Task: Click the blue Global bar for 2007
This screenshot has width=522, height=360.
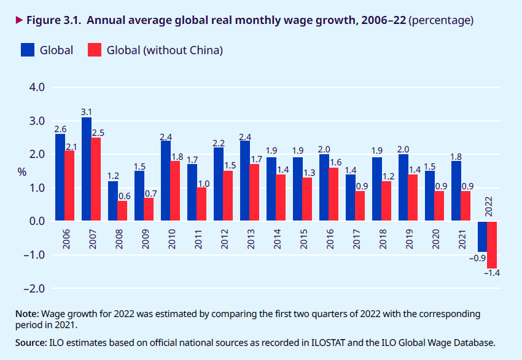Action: click(x=87, y=169)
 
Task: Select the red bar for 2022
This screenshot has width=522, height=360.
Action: click(x=492, y=245)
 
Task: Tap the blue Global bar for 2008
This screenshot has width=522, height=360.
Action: click(x=113, y=201)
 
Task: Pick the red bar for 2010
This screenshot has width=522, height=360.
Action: click(x=175, y=190)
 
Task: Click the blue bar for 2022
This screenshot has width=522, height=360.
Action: click(x=482, y=236)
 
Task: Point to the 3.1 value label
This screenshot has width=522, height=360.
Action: click(x=87, y=112)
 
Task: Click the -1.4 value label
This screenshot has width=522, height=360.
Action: click(x=492, y=273)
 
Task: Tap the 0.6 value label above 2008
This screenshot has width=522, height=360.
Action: click(x=123, y=196)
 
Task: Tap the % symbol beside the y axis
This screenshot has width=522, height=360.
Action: click(x=22, y=172)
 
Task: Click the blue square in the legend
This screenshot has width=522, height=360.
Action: click(x=27, y=50)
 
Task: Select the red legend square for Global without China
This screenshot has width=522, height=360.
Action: click(x=94, y=50)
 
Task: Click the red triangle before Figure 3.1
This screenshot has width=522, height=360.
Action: click(x=19, y=20)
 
